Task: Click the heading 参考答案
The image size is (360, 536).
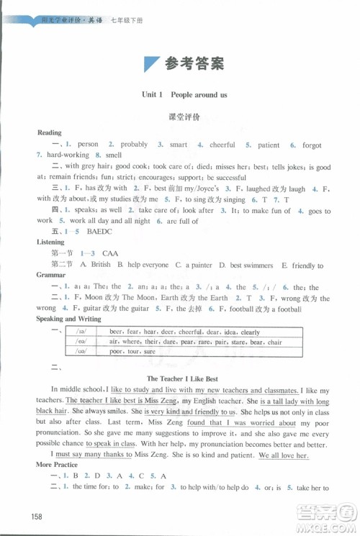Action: [194, 63]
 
